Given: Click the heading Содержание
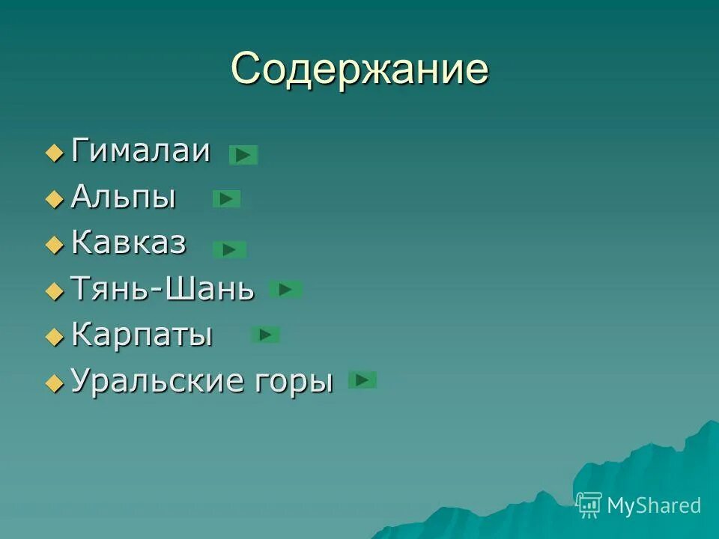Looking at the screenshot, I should (359, 70).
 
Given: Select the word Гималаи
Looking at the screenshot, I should (140, 152).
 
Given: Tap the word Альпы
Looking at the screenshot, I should (124, 198).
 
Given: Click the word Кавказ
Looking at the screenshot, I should (129, 243).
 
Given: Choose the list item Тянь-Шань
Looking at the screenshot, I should (162, 289).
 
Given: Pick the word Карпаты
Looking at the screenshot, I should (142, 335).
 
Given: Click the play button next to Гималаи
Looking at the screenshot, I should (243, 155).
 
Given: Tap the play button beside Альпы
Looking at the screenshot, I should (227, 198).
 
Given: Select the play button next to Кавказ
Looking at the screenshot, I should (229, 249).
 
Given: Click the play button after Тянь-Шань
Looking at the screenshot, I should (285, 289).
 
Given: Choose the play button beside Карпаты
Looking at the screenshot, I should (265, 335).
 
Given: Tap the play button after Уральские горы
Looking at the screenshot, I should (362, 380).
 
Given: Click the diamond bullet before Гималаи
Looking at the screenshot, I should (55, 154).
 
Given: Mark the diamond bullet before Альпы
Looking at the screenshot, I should (55, 200).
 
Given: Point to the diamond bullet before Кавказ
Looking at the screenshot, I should (55, 246).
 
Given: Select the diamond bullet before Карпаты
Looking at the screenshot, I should (55, 338).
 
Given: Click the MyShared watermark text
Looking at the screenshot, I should (653, 505).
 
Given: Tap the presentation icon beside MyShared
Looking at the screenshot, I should (589, 505).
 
